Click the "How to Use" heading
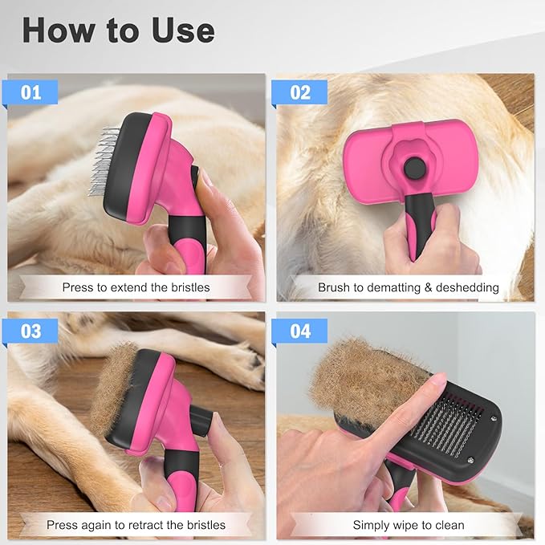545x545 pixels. tap(118, 31)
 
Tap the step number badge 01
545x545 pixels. tap(31, 93)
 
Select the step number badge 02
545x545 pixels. tap(299, 93)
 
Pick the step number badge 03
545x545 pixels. tap(31, 331)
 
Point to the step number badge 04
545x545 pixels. tap(299, 331)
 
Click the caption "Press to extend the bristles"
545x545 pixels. tap(136, 287)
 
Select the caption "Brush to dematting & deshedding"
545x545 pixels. tap(408, 287)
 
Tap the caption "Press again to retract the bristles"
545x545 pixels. tap(136, 525)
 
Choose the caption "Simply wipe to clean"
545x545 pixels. tap(408, 525)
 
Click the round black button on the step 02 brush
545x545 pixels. tap(415, 168)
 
